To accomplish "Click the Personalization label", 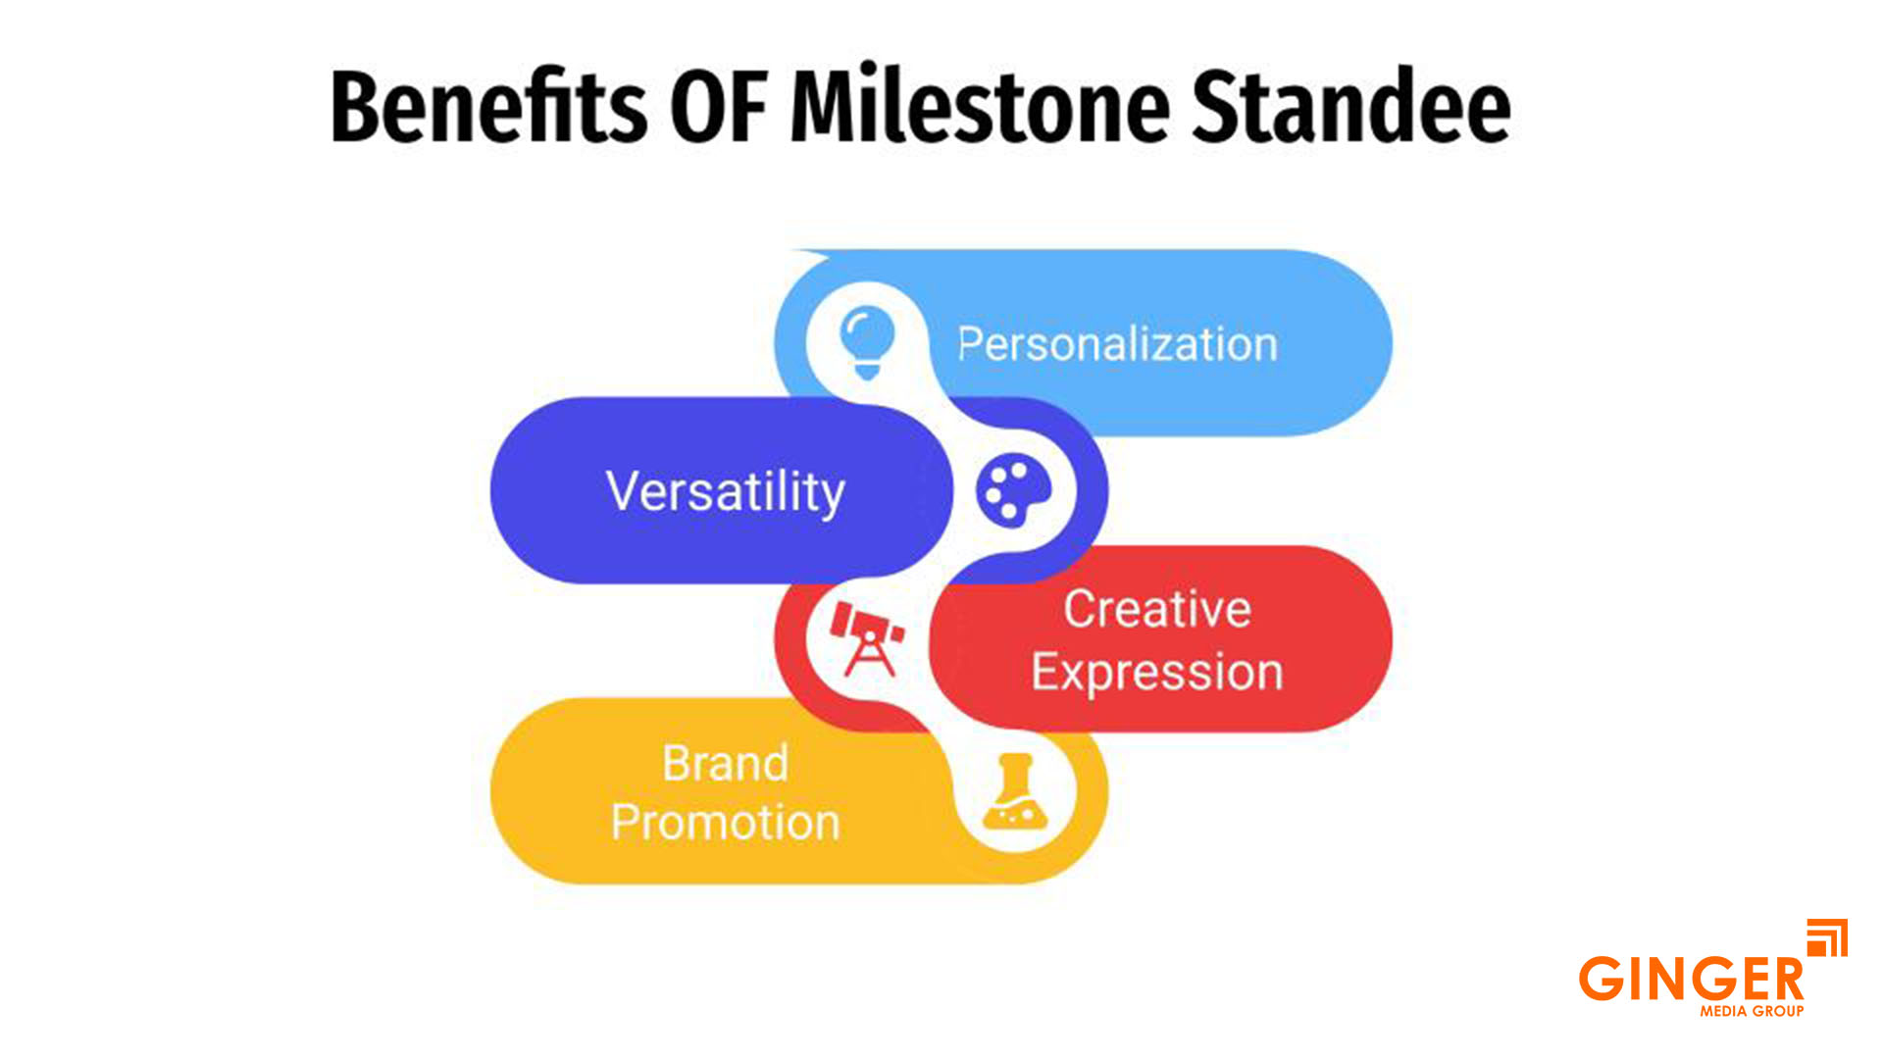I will (1117, 344).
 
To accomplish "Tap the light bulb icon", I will (867, 341).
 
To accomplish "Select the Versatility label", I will (725, 491).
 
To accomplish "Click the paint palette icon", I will (1012, 489).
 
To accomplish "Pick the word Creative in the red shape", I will (1157, 609).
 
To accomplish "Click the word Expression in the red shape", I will (1157, 673).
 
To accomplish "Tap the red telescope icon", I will (866, 639).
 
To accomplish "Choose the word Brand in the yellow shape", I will (725, 763).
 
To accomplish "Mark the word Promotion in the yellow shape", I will (725, 822).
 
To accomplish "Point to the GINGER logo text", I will (1691, 979).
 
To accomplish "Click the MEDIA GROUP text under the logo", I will (1752, 1011).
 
